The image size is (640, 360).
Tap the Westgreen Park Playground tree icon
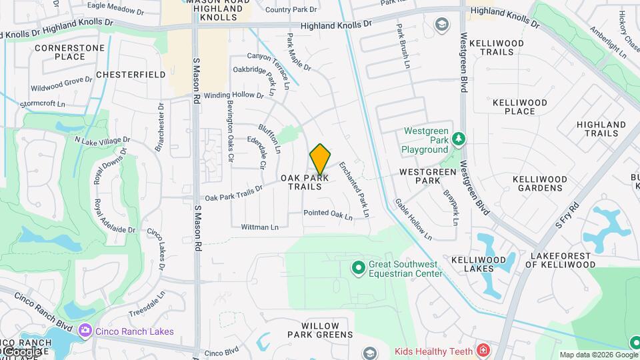pyautogui.click(x=459, y=139)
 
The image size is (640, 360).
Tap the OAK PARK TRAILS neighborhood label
pyautogui.click(x=305, y=182)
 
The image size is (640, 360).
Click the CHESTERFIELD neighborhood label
pyautogui.click(x=131, y=75)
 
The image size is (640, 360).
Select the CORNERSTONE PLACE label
pyautogui.click(x=70, y=52)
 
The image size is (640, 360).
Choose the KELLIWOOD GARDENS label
pyautogui.click(x=539, y=183)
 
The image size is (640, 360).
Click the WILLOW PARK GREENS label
pyautogui.click(x=320, y=329)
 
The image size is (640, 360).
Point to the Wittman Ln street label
pyautogui.click(x=259, y=227)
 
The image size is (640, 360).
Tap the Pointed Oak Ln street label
pyautogui.click(x=327, y=215)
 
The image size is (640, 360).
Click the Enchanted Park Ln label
pyautogui.click(x=354, y=191)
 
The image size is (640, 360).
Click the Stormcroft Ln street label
pyautogui.click(x=43, y=105)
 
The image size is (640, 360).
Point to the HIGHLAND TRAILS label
pyautogui.click(x=597, y=129)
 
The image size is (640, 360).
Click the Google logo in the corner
pyautogui.click(x=22, y=351)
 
